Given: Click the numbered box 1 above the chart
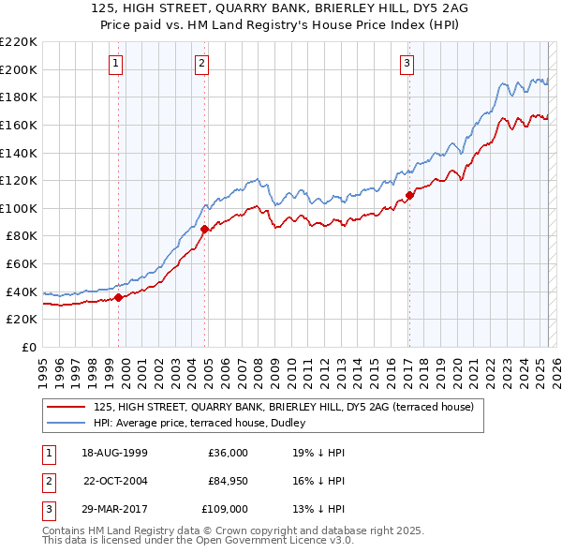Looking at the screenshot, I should pyautogui.click(x=115, y=64).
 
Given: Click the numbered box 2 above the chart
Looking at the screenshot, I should pyautogui.click(x=201, y=64).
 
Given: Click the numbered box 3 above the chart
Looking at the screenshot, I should pyautogui.click(x=407, y=64).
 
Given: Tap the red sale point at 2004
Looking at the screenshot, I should pyautogui.click(x=205, y=228).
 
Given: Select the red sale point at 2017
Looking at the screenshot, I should pyautogui.click(x=409, y=197).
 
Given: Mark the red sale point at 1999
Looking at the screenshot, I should pyautogui.click(x=119, y=297).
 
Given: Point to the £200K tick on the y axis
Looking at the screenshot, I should pyautogui.click(x=19, y=69).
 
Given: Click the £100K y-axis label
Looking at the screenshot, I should pyautogui.click(x=19, y=208).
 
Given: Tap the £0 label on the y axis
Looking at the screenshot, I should pyautogui.click(x=28, y=347).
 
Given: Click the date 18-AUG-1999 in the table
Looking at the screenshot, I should pyautogui.click(x=115, y=453).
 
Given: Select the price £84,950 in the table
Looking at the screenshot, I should pyautogui.click(x=228, y=481).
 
